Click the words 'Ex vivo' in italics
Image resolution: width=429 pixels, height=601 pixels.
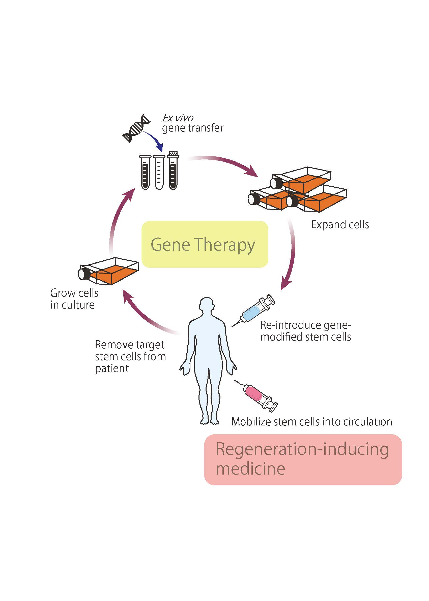coord(178,118)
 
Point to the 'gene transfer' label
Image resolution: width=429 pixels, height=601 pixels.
coord(193,128)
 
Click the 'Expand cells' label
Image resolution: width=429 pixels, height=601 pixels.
coord(340,224)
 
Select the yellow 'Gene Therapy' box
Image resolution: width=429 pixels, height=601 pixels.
coord(205,244)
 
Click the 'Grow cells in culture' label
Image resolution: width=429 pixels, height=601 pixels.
coord(74,299)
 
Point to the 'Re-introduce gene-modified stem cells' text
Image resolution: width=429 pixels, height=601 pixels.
coord(305,331)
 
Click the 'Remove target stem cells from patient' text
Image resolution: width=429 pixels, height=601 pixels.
coord(130,356)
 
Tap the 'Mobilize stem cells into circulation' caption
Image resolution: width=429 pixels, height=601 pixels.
coord(311,422)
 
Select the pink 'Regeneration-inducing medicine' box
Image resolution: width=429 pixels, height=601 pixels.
coord(303,459)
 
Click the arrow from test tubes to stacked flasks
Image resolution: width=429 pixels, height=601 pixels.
coord(224,163)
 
